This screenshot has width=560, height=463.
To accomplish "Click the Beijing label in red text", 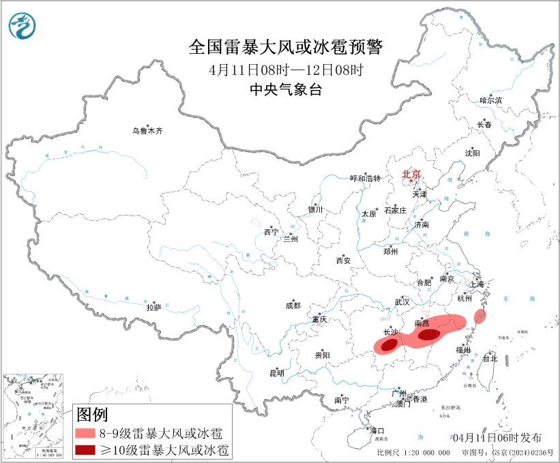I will click(411, 174).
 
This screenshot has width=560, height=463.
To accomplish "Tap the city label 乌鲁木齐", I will click(148, 130).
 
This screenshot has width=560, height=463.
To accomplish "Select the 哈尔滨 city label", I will click(490, 100).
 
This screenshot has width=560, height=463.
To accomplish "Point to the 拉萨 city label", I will click(153, 308).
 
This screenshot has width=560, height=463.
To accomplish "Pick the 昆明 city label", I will click(276, 373).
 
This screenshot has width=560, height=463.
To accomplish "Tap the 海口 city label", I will click(377, 430).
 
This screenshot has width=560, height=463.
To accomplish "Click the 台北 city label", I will click(490, 358).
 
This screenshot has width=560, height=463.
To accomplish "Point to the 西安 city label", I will click(343, 260).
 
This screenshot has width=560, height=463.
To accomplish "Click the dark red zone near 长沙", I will click(389, 346).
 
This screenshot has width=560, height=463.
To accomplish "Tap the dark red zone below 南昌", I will click(429, 334).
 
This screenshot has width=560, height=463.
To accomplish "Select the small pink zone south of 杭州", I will click(480, 316).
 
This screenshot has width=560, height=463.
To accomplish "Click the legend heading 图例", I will click(92, 414).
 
